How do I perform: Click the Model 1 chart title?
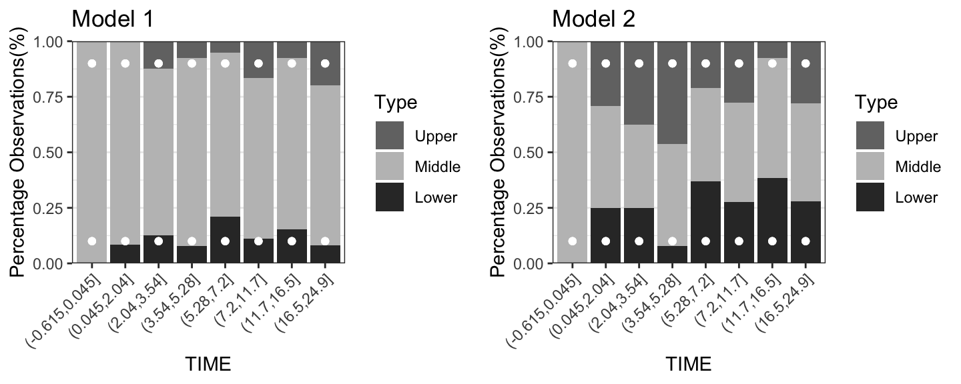point(113,18)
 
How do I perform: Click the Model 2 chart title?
point(593,18)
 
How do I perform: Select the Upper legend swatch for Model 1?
point(390,136)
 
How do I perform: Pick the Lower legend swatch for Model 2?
point(870,197)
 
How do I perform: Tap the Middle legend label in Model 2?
point(918,167)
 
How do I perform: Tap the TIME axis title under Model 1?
point(208,364)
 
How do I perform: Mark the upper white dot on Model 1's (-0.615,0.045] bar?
point(92,63)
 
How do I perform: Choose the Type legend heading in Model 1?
point(396,103)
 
